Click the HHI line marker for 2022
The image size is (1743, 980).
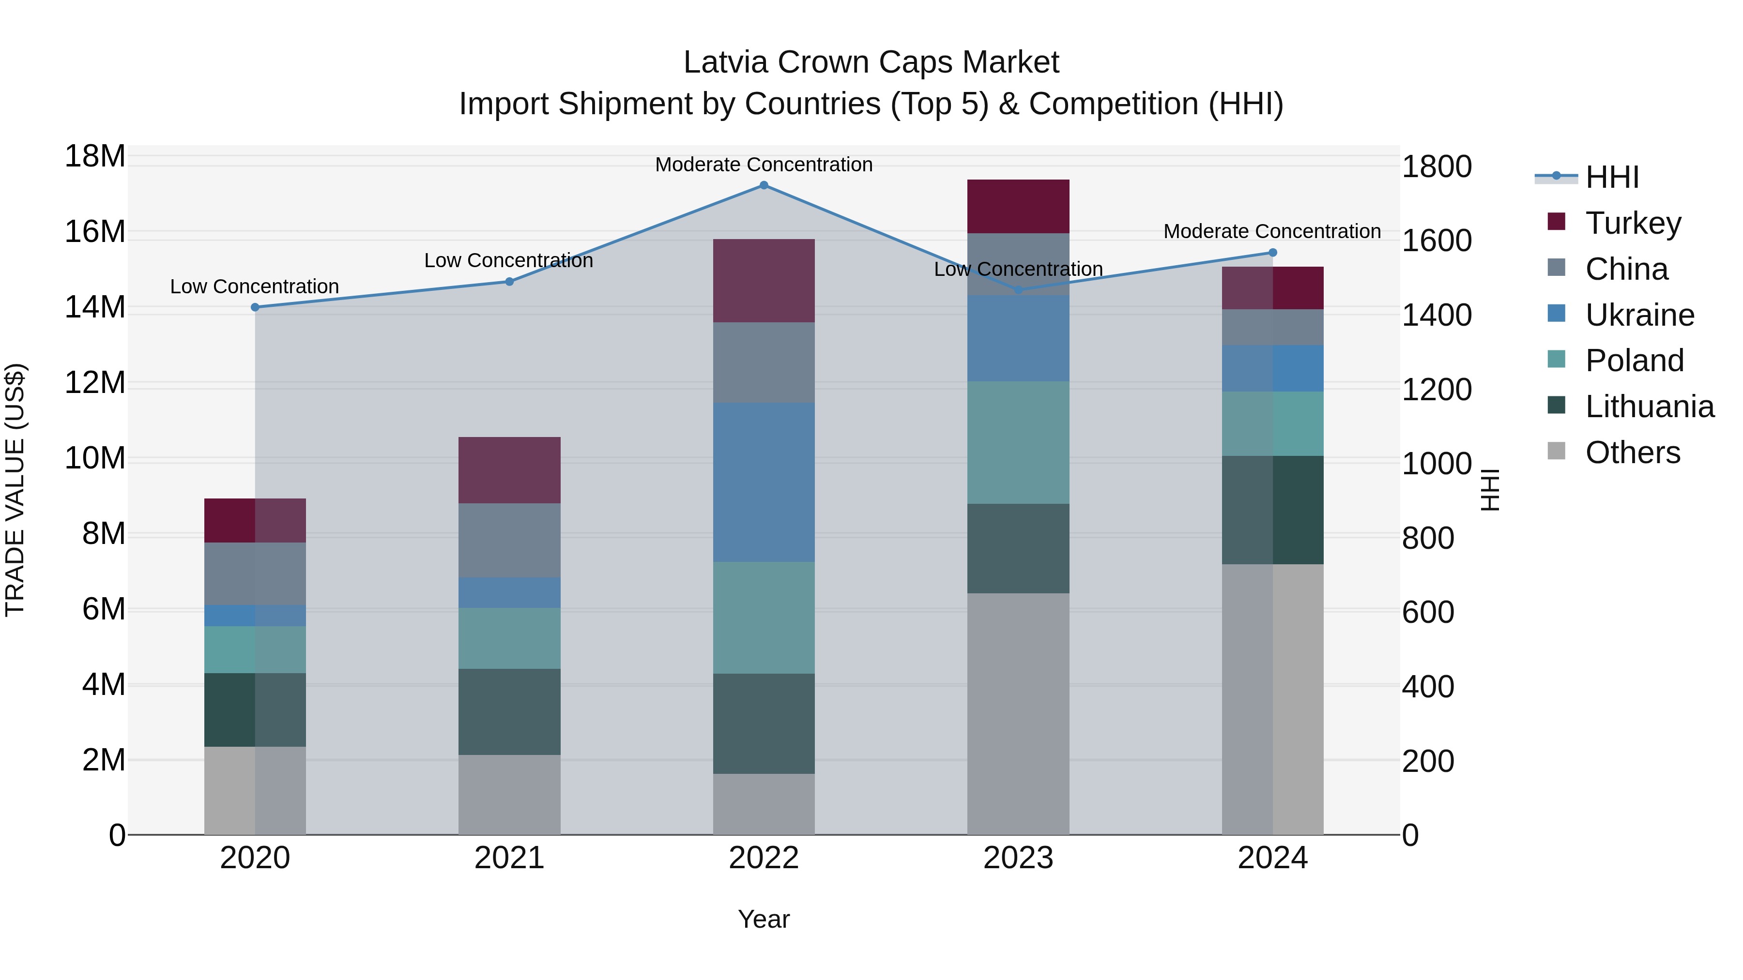[x=764, y=185]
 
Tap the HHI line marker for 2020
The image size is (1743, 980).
[x=255, y=307]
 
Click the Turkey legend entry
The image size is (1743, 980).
[x=1632, y=223]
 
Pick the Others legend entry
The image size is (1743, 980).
[x=1632, y=452]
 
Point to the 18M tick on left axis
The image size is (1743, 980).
[x=95, y=156]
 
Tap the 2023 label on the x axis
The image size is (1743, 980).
[x=1018, y=858]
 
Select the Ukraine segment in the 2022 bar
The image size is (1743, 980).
[x=764, y=482]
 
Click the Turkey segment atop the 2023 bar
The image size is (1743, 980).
[x=1018, y=206]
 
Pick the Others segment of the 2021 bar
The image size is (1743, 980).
[x=509, y=794]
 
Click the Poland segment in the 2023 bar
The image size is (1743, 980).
[x=1018, y=442]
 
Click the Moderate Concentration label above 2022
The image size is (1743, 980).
[x=764, y=165]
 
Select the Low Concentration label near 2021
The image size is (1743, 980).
[x=509, y=260]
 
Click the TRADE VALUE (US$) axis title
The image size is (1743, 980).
[x=15, y=490]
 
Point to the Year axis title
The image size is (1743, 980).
[x=764, y=919]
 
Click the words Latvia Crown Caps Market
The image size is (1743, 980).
[x=871, y=62]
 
